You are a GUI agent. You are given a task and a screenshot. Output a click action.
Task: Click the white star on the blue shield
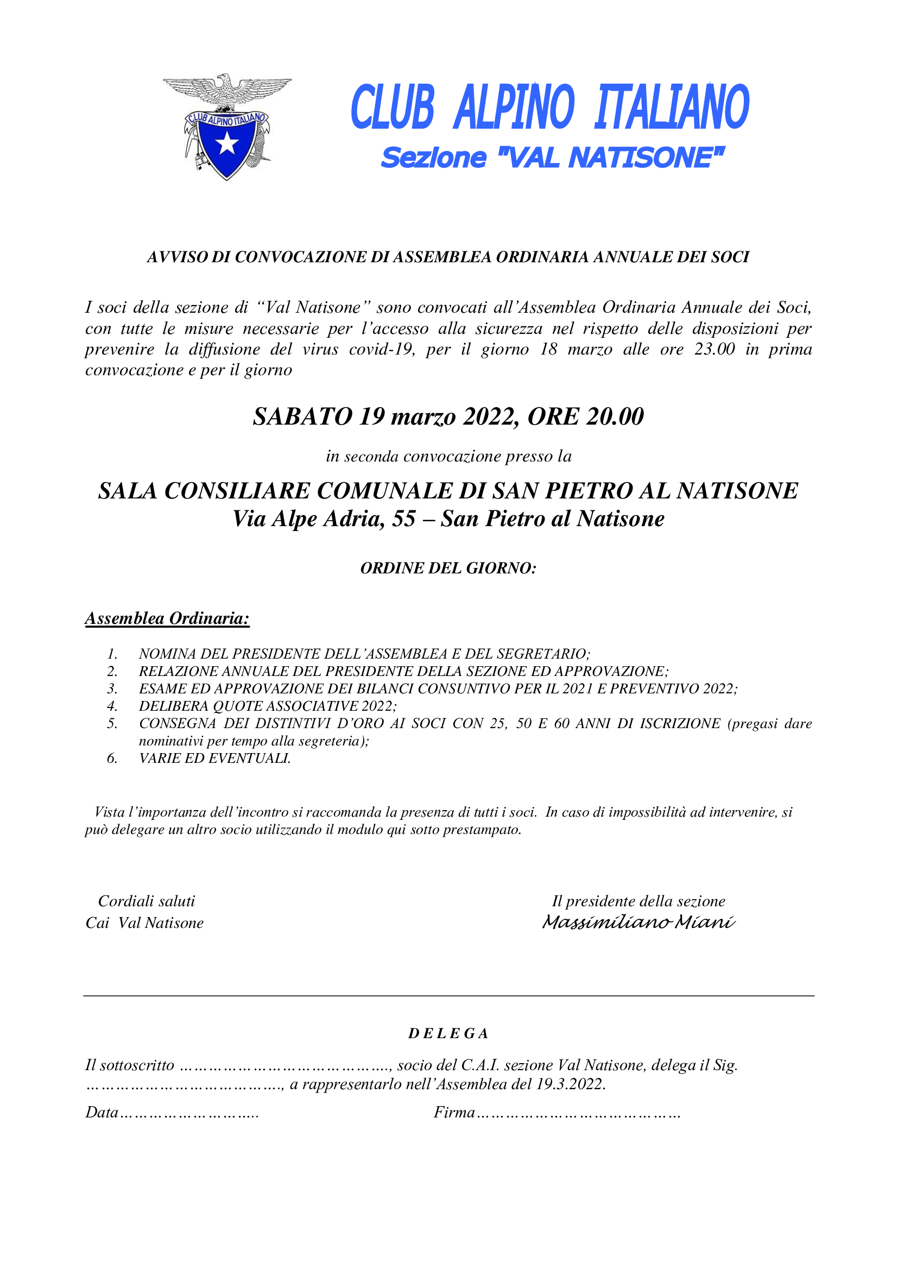[x=227, y=144]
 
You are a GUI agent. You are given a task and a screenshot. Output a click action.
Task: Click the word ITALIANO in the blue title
[x=671, y=108]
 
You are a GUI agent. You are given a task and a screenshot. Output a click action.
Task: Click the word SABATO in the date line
[x=302, y=416]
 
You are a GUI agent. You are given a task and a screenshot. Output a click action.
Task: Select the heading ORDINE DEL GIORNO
[x=448, y=568]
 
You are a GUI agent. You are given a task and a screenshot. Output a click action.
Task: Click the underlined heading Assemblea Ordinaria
[x=167, y=618]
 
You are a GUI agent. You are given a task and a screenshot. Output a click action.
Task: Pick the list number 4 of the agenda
[x=112, y=706]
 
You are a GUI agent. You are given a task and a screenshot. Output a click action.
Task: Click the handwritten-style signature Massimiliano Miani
[x=638, y=923]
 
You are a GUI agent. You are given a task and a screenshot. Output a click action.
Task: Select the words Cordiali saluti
[x=147, y=901]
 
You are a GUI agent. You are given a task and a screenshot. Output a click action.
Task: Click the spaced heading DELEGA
[x=448, y=1034]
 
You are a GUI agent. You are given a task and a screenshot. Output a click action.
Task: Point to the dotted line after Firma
[x=578, y=1114]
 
